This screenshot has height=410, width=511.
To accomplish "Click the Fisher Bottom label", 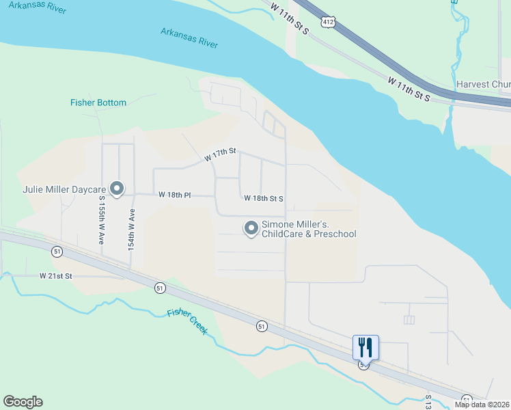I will tap(98, 102).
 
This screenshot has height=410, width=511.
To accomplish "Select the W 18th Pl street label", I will tap(174, 195).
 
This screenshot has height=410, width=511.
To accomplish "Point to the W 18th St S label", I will tap(263, 198).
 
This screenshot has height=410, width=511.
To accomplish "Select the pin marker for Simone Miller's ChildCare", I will tap(251, 228).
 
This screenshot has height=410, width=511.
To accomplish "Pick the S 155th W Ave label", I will tap(101, 220).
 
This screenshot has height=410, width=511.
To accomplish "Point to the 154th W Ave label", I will tap(131, 229).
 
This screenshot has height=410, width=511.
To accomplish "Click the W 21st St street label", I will tap(55, 275).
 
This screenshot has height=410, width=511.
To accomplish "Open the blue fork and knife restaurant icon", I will tap(365, 347).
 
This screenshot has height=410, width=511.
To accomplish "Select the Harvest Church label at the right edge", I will tap(483, 84).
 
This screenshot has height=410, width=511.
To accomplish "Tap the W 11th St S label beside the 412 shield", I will tap(290, 18).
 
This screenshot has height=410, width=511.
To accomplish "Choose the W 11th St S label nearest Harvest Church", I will tap(409, 90).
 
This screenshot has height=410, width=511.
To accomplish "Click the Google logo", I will tap(23, 402).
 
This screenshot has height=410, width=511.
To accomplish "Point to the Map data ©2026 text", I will tap(482, 405).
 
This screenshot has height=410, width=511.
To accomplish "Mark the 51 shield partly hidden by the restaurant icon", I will tap(364, 366).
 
